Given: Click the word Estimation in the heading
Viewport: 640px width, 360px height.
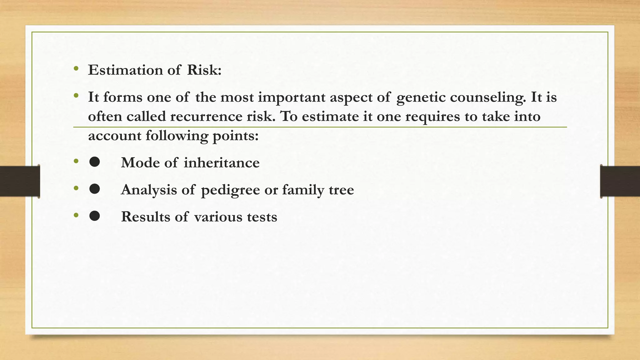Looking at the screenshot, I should pyautogui.click(x=125, y=70).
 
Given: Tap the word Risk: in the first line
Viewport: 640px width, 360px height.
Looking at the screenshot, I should pyautogui.click(x=204, y=70).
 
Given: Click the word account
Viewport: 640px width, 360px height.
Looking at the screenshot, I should pyautogui.click(x=114, y=136).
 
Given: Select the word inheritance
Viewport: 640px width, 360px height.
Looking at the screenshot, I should pyautogui.click(x=222, y=163).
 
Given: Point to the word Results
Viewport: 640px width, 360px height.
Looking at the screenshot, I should pyautogui.click(x=145, y=217).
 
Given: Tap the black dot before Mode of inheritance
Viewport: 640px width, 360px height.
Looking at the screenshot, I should pyautogui.click(x=94, y=162).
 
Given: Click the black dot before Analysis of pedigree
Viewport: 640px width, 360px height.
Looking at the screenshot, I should pyautogui.click(x=94, y=189).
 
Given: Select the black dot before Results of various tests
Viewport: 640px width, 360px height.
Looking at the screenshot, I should pyautogui.click(x=94, y=216).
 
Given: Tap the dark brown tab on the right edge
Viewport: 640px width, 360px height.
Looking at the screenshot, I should pyautogui.click(x=620, y=181).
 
